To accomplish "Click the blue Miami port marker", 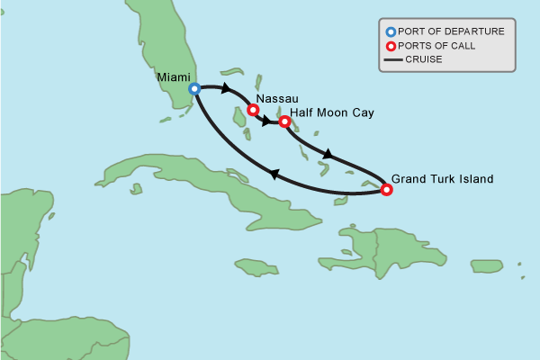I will click(x=194, y=89).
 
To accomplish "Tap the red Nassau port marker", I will click(x=253, y=111).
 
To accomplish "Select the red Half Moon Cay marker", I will click(x=285, y=121).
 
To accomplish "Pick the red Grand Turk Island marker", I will click(x=386, y=190).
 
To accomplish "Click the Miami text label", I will click(x=174, y=77).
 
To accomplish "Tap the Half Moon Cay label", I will click(x=332, y=112).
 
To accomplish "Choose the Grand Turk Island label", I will click(x=443, y=179).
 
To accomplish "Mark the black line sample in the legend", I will click(x=392, y=60).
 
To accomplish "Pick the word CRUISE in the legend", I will click(x=425, y=60).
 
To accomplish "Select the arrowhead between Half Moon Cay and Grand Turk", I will click(x=328, y=155).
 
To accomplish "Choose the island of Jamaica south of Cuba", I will click(x=256, y=266).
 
